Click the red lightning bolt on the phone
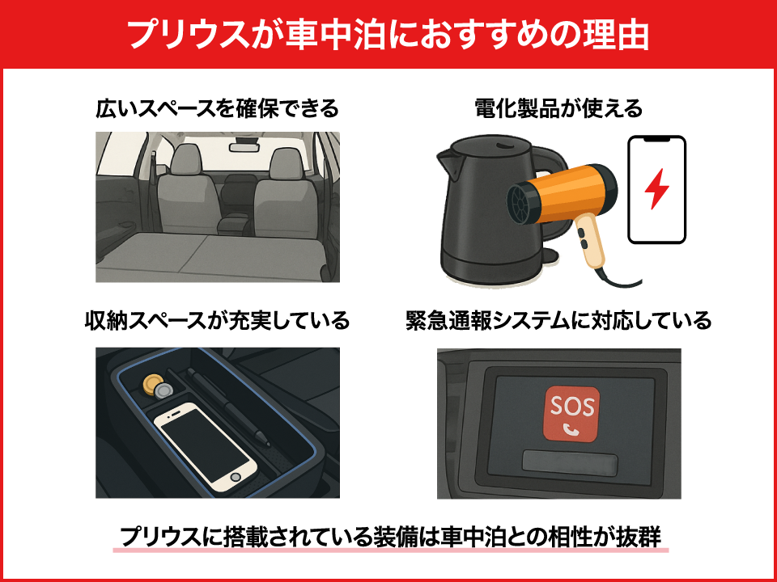tap(656, 188)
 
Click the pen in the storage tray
tap(228, 407)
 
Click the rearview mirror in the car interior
tap(244, 146)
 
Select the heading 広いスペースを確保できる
tap(217, 108)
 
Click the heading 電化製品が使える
tap(558, 108)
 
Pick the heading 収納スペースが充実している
tap(217, 321)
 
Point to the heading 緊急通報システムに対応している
tap(558, 321)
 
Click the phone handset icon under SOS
tap(571, 429)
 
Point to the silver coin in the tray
tap(162, 393)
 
